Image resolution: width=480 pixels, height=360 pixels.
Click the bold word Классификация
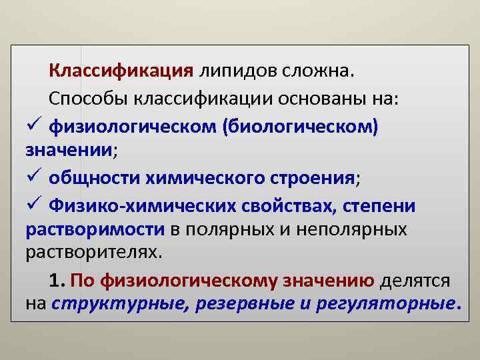pyautogui.click(x=121, y=71)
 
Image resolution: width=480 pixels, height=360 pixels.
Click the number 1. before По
pyautogui.click(x=56, y=281)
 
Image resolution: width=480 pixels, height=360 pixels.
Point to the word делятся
pyautogui.click(x=415, y=281)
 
